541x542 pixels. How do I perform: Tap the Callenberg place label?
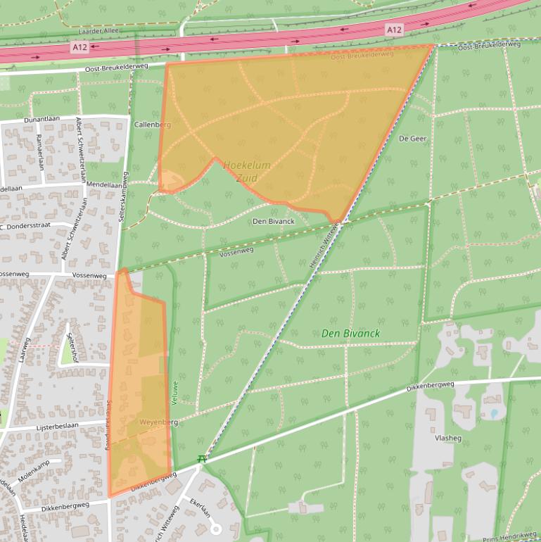tap(152, 125)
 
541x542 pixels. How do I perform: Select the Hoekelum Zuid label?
tap(247, 171)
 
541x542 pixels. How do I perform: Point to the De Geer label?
tap(413, 139)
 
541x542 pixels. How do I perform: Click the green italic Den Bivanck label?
tap(350, 333)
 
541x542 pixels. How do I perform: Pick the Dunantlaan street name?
tap(44, 120)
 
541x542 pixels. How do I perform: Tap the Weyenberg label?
tap(158, 422)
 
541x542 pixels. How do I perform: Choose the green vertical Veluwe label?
tap(176, 391)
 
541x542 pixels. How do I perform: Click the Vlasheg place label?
tap(448, 437)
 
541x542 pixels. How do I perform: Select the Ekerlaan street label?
tap(200, 509)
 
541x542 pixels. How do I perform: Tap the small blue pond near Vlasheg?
tap(494, 414)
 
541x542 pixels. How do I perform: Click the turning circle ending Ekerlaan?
tap(217, 529)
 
